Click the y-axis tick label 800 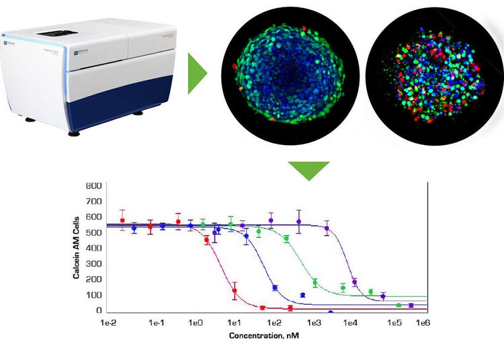pyautogui.click(x=93, y=185)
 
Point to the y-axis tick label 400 pyautogui.click(x=93, y=248)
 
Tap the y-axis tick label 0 pyautogui.click(x=98, y=310)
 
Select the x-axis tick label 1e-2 pyautogui.click(x=108, y=323)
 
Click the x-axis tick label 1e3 pyautogui.click(x=314, y=323)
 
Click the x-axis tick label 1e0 pyautogui.click(x=196, y=323)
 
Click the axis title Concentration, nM pyautogui.click(x=264, y=335)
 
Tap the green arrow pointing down pyautogui.click(x=308, y=171)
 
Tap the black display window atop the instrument pyautogui.click(x=54, y=32)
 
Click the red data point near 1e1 pyautogui.click(x=235, y=291)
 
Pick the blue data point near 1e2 pyautogui.click(x=274, y=288)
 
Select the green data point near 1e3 pyautogui.click(x=314, y=282)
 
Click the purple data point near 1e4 pyautogui.click(x=355, y=282)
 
